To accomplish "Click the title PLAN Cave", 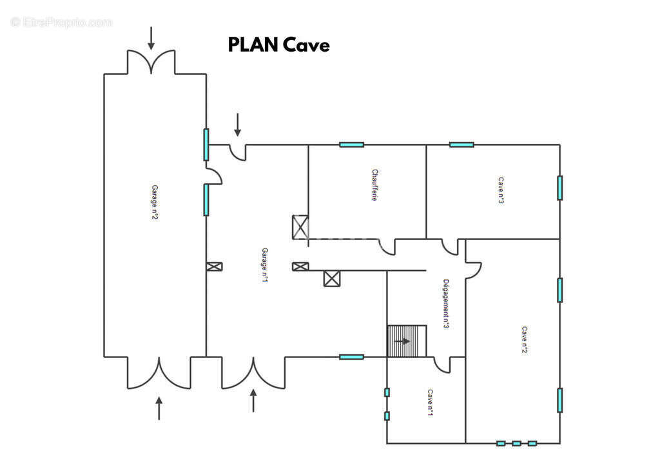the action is click(278, 45).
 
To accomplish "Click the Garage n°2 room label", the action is click(155, 202).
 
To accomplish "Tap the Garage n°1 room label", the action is click(264, 265).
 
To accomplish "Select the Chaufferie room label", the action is click(374, 185).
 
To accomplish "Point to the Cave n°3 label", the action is click(501, 190).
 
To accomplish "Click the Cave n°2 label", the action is click(525, 339).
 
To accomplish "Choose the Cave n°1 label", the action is click(430, 402).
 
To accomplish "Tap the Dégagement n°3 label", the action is click(446, 304).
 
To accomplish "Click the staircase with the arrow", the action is click(407, 341).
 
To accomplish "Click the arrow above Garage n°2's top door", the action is click(151, 38).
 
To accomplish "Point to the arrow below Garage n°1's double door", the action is click(253, 401).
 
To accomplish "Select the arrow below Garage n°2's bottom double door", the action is click(159, 408).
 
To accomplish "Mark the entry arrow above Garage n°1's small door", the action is click(237, 124).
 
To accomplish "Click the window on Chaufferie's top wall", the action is click(351, 144).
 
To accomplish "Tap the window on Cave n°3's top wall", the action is click(461, 144).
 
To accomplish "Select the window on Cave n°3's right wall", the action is click(560, 188).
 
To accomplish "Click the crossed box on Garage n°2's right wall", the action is click(214, 266).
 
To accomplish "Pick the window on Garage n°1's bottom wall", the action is click(351, 357).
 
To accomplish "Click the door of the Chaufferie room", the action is click(387, 247).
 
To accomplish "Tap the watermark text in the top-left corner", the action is click(61, 23).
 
